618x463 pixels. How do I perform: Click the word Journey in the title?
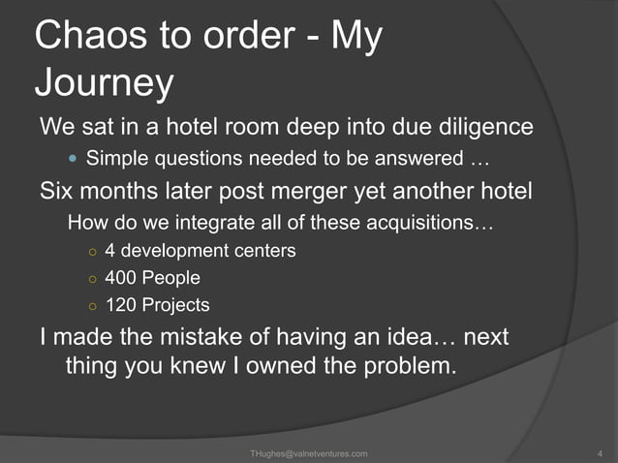pyautogui.click(x=104, y=84)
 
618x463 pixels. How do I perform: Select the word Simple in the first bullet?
pyautogui.click(x=117, y=158)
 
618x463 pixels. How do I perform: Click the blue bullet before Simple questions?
pyautogui.click(x=75, y=158)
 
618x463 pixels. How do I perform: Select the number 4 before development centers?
pyautogui.click(x=110, y=251)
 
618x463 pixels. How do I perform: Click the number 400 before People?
pyautogui.click(x=122, y=278)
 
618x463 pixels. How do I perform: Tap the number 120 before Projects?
pyautogui.click(x=122, y=305)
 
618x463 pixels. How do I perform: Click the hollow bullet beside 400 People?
pyautogui.click(x=91, y=279)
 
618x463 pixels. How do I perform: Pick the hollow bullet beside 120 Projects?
pyautogui.click(x=91, y=306)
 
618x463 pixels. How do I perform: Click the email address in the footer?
pyautogui.click(x=308, y=453)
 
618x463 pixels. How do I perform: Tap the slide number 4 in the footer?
pyautogui.click(x=601, y=453)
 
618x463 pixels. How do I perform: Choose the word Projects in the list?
pyautogui.click(x=175, y=305)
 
